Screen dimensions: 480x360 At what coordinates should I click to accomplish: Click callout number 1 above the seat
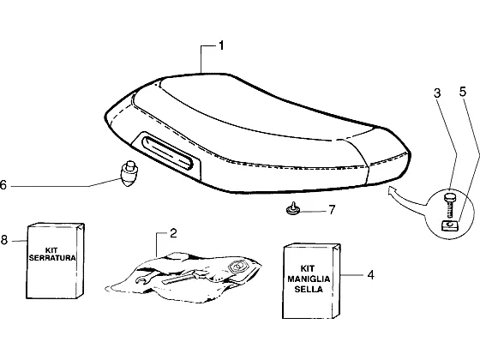[221, 45]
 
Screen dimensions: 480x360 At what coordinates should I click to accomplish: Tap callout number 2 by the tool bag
[173, 233]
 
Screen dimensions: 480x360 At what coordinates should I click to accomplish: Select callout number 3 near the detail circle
[438, 93]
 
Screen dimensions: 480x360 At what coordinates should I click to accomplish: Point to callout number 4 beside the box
[370, 275]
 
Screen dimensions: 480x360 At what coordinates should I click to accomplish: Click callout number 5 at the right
[463, 92]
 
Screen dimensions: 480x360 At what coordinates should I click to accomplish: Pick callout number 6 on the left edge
[3, 185]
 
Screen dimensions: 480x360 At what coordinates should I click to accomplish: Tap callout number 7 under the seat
[333, 210]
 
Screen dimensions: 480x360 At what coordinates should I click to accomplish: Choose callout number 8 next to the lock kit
[4, 240]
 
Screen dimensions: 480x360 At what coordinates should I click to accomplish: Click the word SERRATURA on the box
[52, 258]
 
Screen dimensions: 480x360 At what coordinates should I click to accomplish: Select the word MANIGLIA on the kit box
[309, 279]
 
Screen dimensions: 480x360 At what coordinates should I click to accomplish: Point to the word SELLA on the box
[309, 290]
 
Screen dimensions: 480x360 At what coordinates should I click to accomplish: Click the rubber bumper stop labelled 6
[129, 173]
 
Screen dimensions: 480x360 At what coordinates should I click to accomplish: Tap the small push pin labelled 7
[292, 208]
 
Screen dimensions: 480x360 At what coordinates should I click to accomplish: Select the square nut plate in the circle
[449, 226]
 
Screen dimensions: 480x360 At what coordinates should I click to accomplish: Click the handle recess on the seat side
[168, 153]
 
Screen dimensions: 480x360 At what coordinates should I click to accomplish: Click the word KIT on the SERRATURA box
[51, 250]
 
